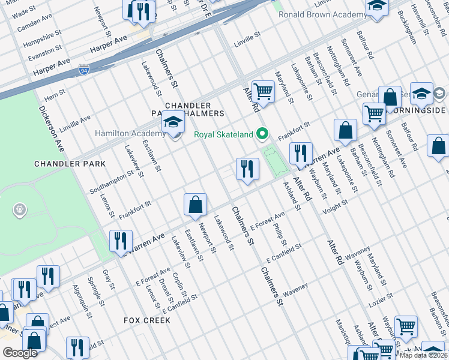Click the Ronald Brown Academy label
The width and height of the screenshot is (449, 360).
pos(323,14)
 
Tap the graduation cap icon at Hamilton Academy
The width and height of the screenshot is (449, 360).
pos(173,123)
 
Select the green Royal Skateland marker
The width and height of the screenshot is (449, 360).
pos(261,134)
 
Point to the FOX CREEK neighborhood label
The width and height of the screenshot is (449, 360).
pos(147,320)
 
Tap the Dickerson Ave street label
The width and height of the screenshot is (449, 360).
pos(52,128)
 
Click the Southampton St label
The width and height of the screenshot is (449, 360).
pos(111,184)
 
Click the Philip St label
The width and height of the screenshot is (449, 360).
pos(279,235)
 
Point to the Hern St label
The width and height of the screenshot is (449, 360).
pos(55,95)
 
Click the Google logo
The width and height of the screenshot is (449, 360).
pos(20,353)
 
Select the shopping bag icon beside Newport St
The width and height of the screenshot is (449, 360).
pos(196,205)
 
